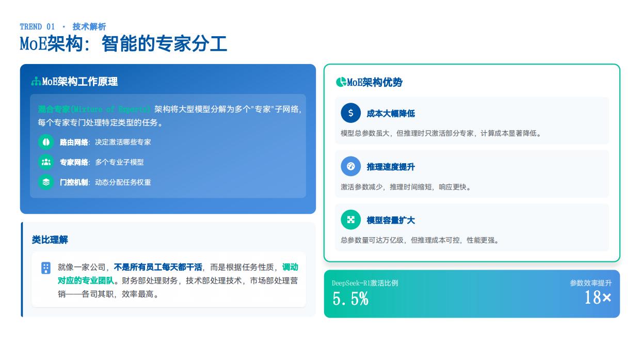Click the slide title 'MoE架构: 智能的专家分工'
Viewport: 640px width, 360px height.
(123, 44)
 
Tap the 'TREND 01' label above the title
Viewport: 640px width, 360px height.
(37, 27)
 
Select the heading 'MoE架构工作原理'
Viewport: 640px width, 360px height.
(80, 82)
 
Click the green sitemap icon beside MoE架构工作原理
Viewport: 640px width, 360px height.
(36, 82)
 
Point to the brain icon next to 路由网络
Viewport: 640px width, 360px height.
(46, 142)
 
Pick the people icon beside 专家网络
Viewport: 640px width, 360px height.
(46, 162)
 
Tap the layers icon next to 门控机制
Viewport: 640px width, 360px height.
(46, 182)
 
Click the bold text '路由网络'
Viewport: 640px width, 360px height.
(74, 142)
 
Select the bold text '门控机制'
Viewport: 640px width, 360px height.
(74, 182)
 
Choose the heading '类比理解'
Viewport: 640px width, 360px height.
(50, 240)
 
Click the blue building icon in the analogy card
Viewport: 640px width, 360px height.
(46, 268)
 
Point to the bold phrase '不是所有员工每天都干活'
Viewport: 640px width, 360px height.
(157, 268)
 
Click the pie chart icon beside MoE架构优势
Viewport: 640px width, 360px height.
(341, 82)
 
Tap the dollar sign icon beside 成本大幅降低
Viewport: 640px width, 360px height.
(351, 113)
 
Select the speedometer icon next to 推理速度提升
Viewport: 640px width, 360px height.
(351, 166)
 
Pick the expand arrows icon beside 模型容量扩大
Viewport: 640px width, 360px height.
(351, 220)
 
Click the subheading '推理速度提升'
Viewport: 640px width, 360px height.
(391, 167)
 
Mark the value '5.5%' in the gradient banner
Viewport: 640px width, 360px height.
(350, 299)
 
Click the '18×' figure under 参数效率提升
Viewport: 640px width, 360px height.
(598, 298)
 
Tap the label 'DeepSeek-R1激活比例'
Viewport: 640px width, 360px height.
(365, 283)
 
